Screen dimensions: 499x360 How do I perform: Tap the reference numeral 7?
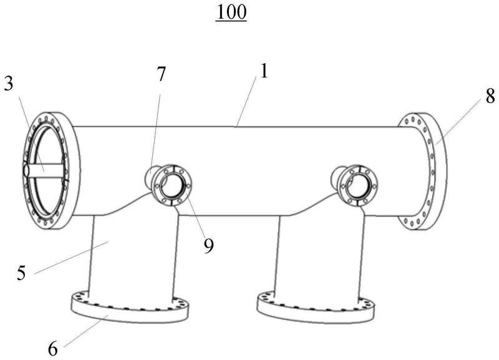coord(161,74)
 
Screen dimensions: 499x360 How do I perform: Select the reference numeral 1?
coord(264,71)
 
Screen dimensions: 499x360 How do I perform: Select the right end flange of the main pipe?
coord(421,172)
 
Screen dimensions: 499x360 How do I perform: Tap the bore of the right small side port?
coord(358,185)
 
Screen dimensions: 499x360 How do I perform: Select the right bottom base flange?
coord(318,309)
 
